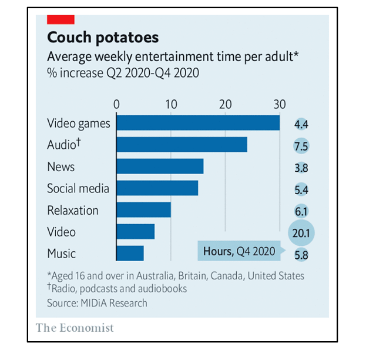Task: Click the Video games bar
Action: (198, 123)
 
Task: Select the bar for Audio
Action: (182, 145)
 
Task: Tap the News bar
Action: (160, 166)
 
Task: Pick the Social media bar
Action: (157, 188)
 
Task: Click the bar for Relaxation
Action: (143, 209)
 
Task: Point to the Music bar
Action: (130, 253)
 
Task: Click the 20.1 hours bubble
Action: (301, 233)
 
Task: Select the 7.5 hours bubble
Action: (301, 146)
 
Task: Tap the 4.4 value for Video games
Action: (301, 124)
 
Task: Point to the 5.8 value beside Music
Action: (301, 255)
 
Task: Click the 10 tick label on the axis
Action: (171, 104)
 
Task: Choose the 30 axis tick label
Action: (280, 104)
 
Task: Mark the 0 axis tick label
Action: (116, 104)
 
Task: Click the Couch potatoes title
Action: (103, 38)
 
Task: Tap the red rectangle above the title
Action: (61, 19)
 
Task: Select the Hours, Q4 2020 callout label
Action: (239, 251)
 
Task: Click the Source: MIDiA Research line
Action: (97, 303)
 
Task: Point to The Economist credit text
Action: (75, 328)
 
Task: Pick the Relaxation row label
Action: (73, 210)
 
